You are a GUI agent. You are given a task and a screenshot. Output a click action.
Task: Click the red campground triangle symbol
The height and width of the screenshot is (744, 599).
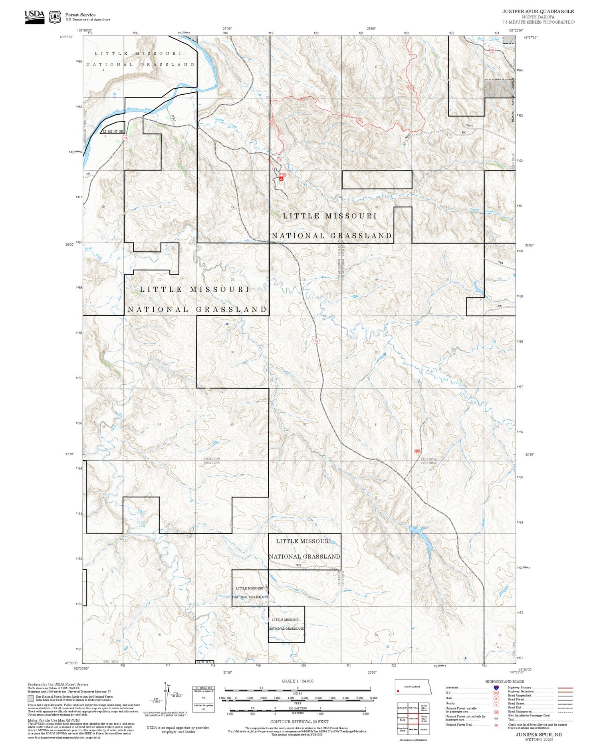click(x=282, y=179)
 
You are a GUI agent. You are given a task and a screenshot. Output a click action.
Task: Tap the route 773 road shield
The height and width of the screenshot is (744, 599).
click(x=125, y=138)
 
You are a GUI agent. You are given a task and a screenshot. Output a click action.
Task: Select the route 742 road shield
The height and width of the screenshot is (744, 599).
click(x=316, y=341)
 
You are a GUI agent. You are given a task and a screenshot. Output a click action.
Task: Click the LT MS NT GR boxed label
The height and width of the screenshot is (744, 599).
click(x=113, y=131)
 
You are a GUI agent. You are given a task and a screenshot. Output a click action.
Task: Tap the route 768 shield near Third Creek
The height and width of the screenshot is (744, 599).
click(x=492, y=50)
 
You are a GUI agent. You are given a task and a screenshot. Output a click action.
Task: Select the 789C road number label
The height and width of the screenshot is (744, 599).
click(x=463, y=132)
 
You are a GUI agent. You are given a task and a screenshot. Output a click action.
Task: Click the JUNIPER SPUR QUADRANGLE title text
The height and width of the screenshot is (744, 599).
click(x=538, y=12)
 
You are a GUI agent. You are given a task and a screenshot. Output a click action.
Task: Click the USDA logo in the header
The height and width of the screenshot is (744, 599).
click(x=35, y=16)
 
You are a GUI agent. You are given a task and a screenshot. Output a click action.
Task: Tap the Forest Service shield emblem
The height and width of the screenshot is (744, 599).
click(x=55, y=17)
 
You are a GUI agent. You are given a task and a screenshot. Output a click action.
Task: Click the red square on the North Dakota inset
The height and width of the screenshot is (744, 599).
click(x=398, y=691)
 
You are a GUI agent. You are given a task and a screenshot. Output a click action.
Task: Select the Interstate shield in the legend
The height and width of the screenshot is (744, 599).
click(x=496, y=687)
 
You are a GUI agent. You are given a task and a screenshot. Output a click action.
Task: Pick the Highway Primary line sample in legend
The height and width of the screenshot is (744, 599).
click(x=564, y=688)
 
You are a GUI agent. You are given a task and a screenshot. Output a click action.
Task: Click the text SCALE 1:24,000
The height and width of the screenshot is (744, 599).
click(x=298, y=681)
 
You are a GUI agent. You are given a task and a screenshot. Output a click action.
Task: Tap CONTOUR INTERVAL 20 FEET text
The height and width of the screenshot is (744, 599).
click(x=299, y=722)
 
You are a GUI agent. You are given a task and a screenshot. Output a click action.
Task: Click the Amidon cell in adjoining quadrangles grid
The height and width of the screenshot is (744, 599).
click(x=424, y=729)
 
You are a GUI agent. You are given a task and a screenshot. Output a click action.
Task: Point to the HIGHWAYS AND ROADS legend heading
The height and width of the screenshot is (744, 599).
click(x=504, y=681)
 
